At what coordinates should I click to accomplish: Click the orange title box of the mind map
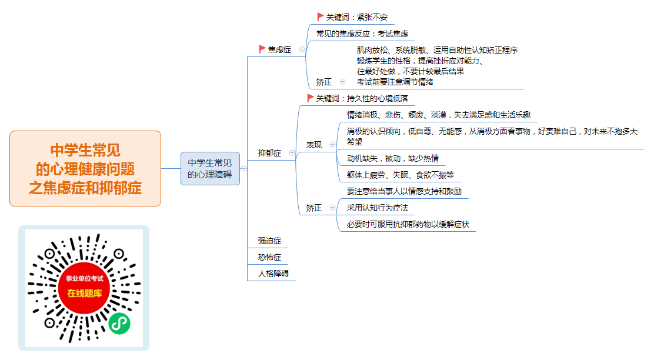85,168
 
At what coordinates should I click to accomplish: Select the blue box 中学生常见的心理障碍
210,168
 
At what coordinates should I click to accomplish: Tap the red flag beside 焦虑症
262,49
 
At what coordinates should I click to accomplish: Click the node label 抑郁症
269,153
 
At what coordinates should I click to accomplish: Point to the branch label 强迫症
269,241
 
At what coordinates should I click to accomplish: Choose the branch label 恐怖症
269,257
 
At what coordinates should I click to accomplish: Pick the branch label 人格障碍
273,274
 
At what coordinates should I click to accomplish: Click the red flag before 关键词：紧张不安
320,16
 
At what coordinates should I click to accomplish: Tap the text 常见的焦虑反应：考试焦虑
362,34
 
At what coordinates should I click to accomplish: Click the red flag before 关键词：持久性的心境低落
310,98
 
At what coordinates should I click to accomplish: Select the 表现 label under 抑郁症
313,145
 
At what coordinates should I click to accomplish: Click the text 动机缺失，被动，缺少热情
392,158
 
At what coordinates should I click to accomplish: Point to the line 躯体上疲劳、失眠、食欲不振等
401,175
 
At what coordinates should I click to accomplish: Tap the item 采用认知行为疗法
378,208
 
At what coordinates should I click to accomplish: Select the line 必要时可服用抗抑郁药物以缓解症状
408,225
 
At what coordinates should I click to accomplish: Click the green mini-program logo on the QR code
119,324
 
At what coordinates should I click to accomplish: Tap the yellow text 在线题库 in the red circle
85,294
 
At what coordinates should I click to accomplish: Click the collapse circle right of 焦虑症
302,49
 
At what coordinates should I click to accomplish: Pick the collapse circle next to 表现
332,145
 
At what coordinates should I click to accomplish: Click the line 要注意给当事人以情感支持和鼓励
404,192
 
